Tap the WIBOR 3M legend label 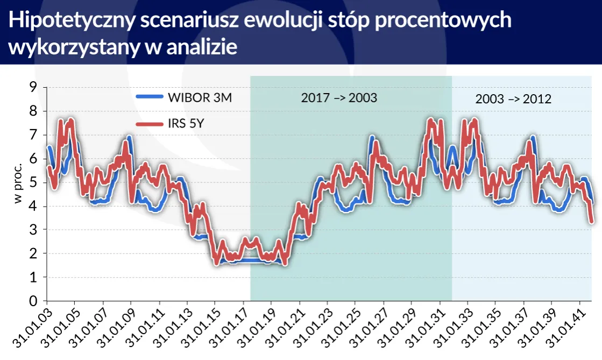200,97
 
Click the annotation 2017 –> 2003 339,98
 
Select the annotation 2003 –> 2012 514,100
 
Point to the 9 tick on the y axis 33,87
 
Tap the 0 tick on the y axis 33,301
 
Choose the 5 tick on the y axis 33,182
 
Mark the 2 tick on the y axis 33,253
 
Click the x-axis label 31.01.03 30,329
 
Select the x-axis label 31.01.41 563,329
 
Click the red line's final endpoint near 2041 591,221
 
